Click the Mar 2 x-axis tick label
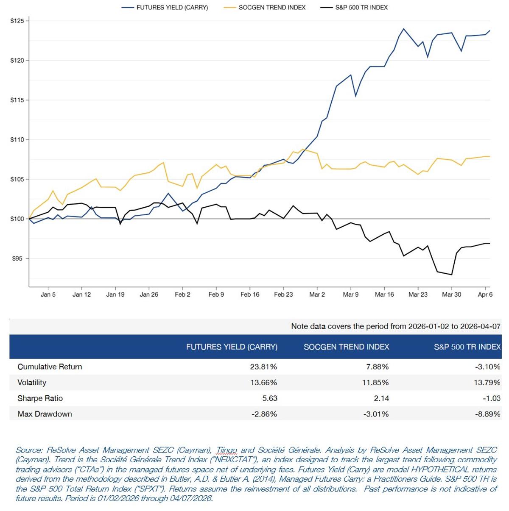pyautogui.click(x=317, y=294)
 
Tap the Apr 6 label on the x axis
pyautogui.click(x=485, y=294)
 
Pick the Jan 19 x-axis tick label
pyautogui.click(x=115, y=294)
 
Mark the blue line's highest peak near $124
pyautogui.click(x=403, y=29)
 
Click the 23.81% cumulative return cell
pyautogui.click(x=263, y=367)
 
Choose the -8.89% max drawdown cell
pyautogui.click(x=487, y=414)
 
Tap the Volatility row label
pyautogui.click(x=32, y=383)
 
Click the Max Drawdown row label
pyautogui.click(x=45, y=414)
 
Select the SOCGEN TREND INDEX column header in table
pyautogui.click(x=346, y=347)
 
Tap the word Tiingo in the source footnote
pyautogui.click(x=227, y=450)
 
